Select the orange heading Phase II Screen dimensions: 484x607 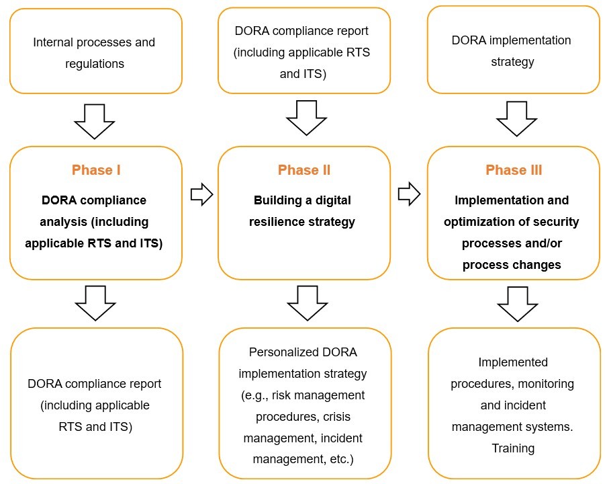point(304,170)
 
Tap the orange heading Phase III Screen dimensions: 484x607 point(514,170)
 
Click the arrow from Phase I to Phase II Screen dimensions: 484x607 point(201,195)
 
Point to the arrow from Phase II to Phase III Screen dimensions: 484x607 point(409,195)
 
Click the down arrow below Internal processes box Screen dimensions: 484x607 point(95,121)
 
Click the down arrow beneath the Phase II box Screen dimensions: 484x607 point(308,303)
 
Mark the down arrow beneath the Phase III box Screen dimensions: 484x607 point(518,303)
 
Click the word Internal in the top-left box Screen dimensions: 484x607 point(53,42)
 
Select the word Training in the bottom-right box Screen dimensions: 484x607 point(513,448)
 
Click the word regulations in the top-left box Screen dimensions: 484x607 point(95,64)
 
